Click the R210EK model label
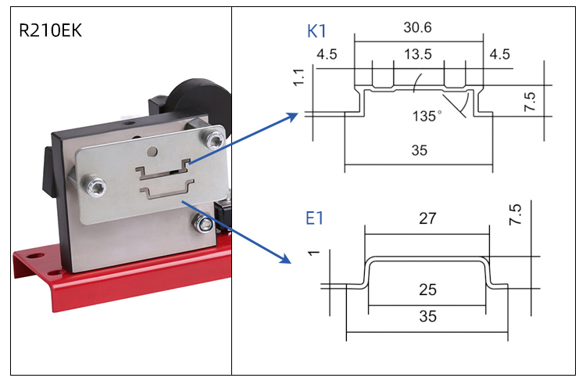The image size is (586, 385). click(x=50, y=32)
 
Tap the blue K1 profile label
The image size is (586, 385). click(x=317, y=32)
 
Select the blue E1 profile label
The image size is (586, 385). click(x=315, y=218)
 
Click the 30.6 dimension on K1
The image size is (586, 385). click(x=418, y=27)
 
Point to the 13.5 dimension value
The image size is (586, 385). click(x=418, y=55)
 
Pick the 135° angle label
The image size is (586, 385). click(x=427, y=115)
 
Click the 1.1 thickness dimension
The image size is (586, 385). click(x=298, y=76)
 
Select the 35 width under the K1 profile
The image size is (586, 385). click(x=419, y=151)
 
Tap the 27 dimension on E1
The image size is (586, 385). click(x=427, y=218)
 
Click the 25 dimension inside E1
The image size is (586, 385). click(x=427, y=290)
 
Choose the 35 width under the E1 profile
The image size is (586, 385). click(x=427, y=317)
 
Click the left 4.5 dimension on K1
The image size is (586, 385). click(x=327, y=55)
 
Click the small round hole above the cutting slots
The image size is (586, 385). click(x=154, y=152)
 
